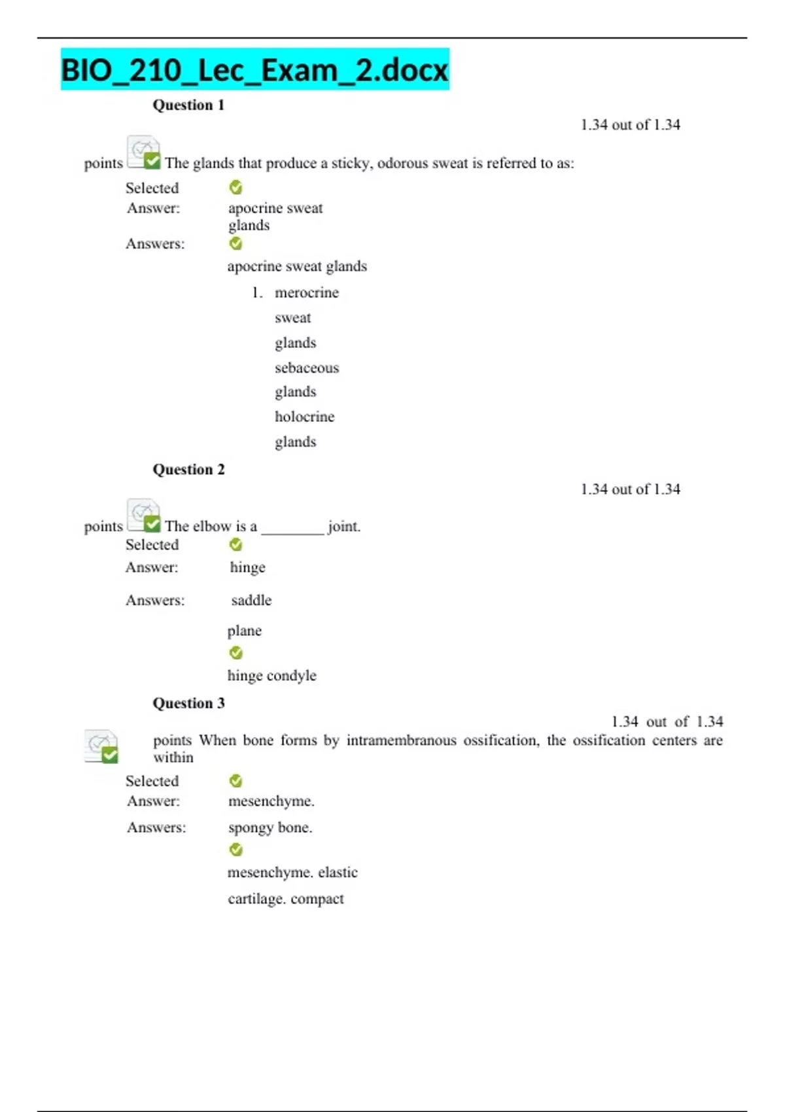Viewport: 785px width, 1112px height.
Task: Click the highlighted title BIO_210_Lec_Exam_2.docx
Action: [x=254, y=69]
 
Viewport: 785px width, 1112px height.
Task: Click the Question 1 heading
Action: [x=188, y=105]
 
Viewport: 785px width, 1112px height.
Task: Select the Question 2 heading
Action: [x=188, y=470]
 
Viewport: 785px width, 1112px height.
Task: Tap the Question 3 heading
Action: [x=188, y=703]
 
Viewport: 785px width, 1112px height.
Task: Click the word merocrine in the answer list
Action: [x=306, y=292]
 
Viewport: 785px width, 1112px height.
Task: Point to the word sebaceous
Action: [x=306, y=368]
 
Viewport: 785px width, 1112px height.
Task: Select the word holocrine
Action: [x=304, y=417]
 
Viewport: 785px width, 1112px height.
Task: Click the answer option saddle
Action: [x=251, y=600]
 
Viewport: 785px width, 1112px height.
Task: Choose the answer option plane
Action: [x=244, y=631]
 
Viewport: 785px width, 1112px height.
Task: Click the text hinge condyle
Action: [x=271, y=676]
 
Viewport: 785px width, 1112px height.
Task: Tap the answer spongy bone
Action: [x=270, y=827]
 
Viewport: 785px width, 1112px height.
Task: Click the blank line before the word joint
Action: [x=292, y=530]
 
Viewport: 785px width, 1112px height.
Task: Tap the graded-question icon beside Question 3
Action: [x=101, y=746]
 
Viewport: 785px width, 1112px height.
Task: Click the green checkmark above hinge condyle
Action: [x=235, y=653]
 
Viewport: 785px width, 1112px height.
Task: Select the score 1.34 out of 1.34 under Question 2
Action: [x=630, y=489]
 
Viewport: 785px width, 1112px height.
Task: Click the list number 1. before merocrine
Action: [x=257, y=293]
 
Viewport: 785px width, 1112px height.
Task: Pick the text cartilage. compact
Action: [x=285, y=899]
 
